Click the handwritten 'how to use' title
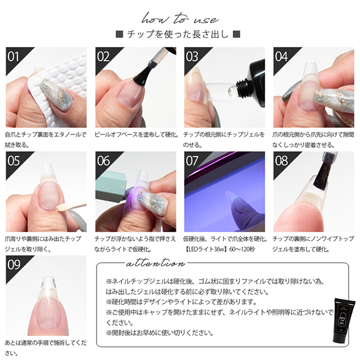[180, 19]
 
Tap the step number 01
[13, 56]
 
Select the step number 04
[281, 56]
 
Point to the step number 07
[192, 161]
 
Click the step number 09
[14, 265]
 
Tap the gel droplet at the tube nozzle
[232, 91]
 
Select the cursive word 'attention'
[155, 263]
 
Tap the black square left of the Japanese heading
[119, 34]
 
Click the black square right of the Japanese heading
[236, 34]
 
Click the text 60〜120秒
[242, 250]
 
